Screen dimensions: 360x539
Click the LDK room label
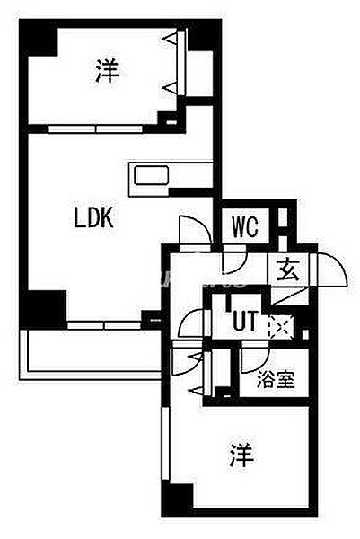click(x=93, y=218)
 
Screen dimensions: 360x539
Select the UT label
click(x=245, y=322)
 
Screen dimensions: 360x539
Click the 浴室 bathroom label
click(x=276, y=379)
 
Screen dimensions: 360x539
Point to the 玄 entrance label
click(x=288, y=269)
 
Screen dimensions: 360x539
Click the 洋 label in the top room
click(x=108, y=71)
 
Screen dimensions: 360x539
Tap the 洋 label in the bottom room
click(x=242, y=455)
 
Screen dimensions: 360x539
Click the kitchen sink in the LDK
click(x=151, y=175)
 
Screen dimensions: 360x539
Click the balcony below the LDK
click(x=91, y=355)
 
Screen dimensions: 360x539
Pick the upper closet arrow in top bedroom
click(x=171, y=39)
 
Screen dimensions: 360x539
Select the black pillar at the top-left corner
click(x=38, y=37)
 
